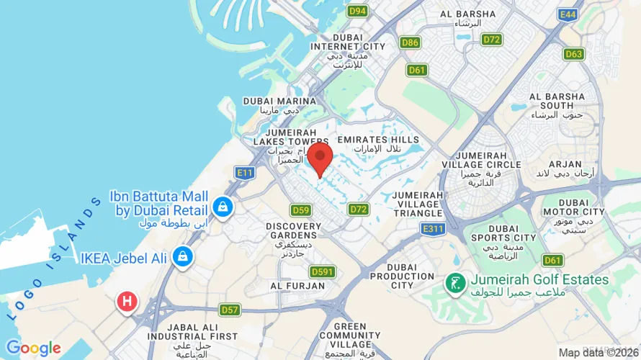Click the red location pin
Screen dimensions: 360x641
[320, 158]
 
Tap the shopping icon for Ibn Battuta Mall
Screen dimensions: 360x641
[223, 207]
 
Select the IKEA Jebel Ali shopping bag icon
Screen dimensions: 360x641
[184, 256]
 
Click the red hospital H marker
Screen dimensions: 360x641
[127, 302]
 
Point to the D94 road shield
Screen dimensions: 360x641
[357, 11]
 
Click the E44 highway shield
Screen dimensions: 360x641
[568, 14]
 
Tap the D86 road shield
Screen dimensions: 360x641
[411, 42]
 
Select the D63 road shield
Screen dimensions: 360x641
[574, 54]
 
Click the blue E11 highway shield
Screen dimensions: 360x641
[245, 173]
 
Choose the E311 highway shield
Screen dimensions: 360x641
[431, 228]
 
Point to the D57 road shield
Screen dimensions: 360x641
[230, 310]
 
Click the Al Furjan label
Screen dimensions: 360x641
[297, 286]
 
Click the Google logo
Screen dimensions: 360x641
[33, 348]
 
